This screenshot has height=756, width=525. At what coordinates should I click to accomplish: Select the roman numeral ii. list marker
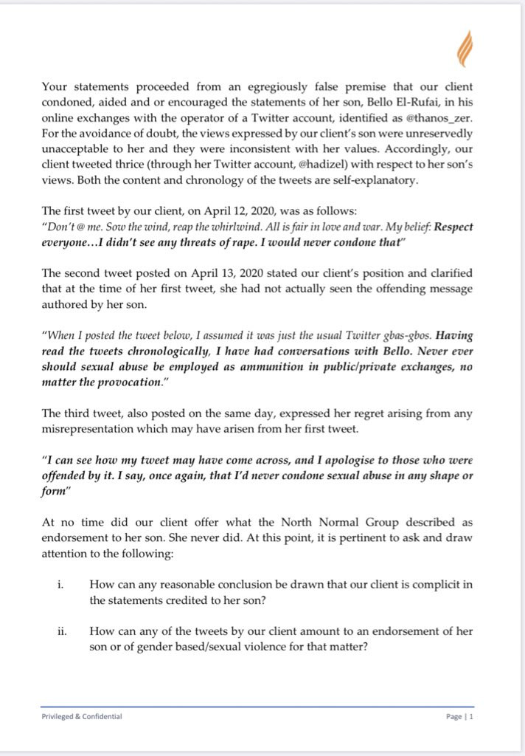(x=60, y=631)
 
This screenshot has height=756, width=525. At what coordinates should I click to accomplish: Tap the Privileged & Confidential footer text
(x=81, y=716)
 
